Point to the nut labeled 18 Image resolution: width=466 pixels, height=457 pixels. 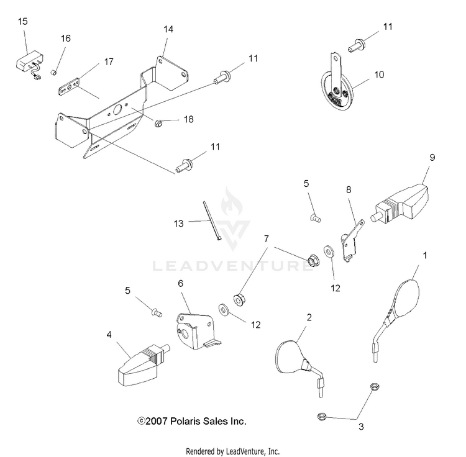[158, 120]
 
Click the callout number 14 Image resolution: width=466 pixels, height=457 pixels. [168, 29]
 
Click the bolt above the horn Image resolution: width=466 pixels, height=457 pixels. [357, 44]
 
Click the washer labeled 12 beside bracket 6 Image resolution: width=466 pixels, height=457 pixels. [222, 308]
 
